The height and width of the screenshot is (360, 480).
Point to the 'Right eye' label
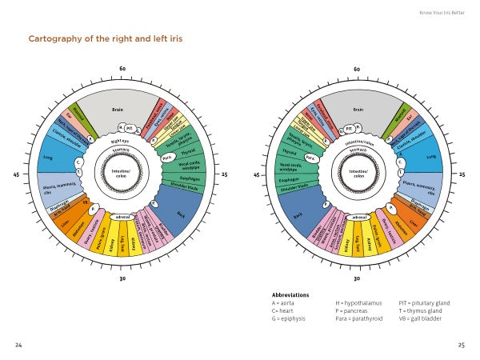point(122,142)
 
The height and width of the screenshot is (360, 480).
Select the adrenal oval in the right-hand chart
point(359,217)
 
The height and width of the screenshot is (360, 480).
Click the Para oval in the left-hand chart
point(166,158)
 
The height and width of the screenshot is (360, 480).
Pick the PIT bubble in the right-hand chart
point(349,128)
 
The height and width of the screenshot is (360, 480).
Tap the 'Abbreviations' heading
point(290,294)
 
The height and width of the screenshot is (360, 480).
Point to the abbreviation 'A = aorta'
point(286,303)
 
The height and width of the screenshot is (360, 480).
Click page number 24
point(18,345)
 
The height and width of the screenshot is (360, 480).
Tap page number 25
point(461,345)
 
